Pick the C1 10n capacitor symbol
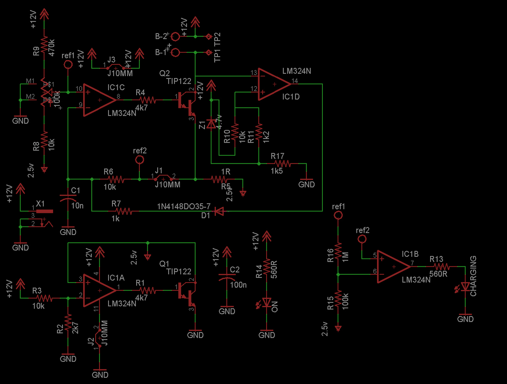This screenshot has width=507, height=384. pyautogui.click(x=68, y=199)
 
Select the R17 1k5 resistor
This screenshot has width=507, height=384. pyautogui.click(x=282, y=163)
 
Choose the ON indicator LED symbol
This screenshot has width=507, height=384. pyautogui.click(x=267, y=303)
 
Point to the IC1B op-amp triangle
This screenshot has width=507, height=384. pyautogui.click(x=393, y=267)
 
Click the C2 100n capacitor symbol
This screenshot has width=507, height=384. pyautogui.click(x=227, y=279)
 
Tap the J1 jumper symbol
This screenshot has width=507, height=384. pyautogui.click(x=163, y=179)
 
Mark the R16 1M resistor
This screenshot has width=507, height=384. pyautogui.click(x=338, y=251)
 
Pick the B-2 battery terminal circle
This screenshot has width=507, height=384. pyautogui.click(x=175, y=36)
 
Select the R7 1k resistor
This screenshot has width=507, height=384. pyautogui.click(x=124, y=211)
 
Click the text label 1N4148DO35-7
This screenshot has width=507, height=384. pyautogui.click(x=184, y=206)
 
